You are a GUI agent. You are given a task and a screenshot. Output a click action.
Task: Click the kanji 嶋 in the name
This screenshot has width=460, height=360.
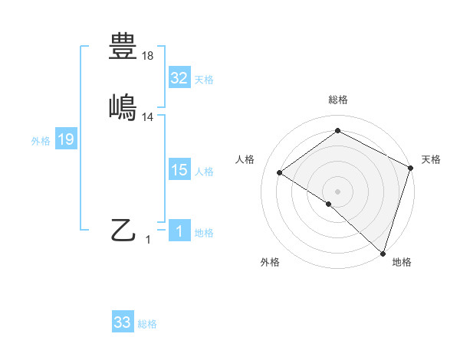point(123,106)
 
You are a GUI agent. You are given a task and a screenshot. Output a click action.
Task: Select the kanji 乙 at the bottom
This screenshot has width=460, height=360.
point(123,230)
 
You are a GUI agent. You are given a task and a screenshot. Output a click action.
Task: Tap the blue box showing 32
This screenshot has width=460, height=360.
point(179,78)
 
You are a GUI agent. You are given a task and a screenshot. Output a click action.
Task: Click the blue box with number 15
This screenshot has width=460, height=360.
point(179,171)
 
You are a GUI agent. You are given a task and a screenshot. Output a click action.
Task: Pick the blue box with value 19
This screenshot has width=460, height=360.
point(66,139)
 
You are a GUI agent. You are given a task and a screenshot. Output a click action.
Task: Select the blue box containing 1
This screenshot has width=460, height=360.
point(179,232)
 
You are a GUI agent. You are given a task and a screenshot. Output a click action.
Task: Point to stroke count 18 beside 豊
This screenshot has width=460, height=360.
point(149,56)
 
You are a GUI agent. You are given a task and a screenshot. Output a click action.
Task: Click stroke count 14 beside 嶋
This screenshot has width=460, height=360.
point(149,116)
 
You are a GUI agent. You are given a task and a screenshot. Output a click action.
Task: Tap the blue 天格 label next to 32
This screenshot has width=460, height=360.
point(204,80)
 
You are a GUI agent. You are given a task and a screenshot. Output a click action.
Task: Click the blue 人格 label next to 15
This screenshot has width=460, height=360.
point(204,172)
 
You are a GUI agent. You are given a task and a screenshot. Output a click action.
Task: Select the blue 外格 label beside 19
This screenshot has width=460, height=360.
point(41,141)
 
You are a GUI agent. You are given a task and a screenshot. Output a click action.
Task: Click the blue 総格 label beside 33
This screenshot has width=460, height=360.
point(147,324)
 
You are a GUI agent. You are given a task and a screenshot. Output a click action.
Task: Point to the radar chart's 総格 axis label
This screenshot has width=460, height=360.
point(338,100)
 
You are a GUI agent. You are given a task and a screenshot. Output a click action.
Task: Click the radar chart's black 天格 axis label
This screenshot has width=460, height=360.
point(431,159)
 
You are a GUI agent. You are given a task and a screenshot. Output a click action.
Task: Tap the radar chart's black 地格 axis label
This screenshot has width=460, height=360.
point(402,262)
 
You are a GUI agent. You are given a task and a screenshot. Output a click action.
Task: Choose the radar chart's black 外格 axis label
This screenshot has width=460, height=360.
point(270,262)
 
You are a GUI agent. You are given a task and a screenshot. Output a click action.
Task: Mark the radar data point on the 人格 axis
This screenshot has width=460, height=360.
point(280,172)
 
